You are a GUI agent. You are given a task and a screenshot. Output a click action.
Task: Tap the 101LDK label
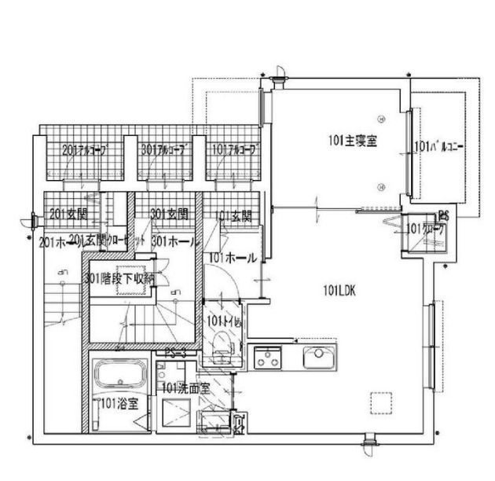[x=339, y=289]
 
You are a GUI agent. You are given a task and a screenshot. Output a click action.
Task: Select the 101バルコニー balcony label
[x=434, y=146]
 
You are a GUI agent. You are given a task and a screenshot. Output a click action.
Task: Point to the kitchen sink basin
[x=319, y=355]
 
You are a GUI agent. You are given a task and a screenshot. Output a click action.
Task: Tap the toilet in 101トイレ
[x=222, y=341]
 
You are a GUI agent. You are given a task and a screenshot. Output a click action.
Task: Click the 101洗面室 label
[x=185, y=387]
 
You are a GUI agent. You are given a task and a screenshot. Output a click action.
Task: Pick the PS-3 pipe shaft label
[x=175, y=354]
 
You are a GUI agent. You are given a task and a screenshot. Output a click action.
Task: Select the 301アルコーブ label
[x=163, y=149]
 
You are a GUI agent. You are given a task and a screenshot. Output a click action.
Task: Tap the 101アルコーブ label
[x=232, y=149]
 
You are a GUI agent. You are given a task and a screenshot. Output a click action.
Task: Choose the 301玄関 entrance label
[x=168, y=213]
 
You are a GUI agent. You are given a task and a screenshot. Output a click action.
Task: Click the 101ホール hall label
[x=232, y=257]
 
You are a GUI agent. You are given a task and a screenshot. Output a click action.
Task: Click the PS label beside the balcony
[x=443, y=213]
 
